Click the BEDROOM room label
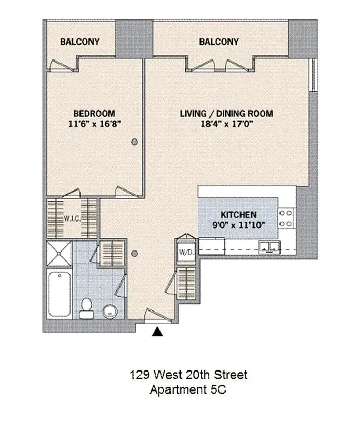[94, 113]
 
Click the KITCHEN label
[238, 215]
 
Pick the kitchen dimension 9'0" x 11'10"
[238, 225]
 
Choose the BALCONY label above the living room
[219, 42]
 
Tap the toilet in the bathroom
[86, 308]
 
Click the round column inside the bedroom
[135, 141]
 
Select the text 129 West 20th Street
[188, 376]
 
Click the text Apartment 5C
[188, 390]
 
